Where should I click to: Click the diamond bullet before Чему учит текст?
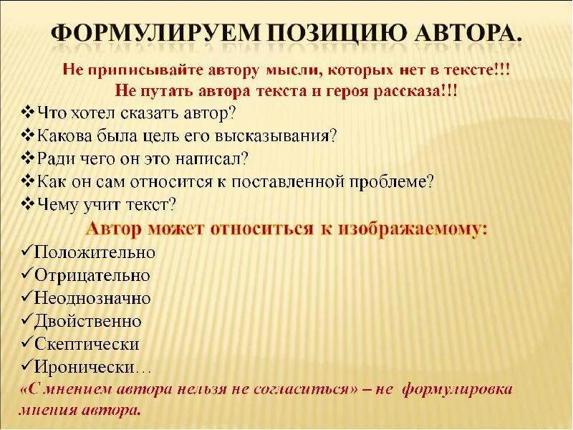click(28, 205)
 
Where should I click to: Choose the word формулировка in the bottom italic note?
click(457, 390)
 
